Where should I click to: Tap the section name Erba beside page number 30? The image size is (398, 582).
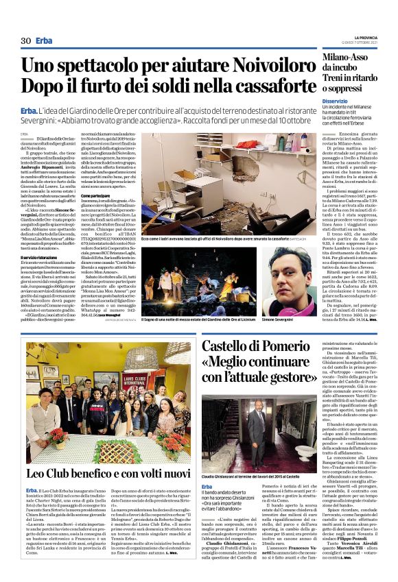pyautogui.click(x=45, y=41)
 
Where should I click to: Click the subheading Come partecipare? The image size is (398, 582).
pyautogui.click(x=95, y=215)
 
